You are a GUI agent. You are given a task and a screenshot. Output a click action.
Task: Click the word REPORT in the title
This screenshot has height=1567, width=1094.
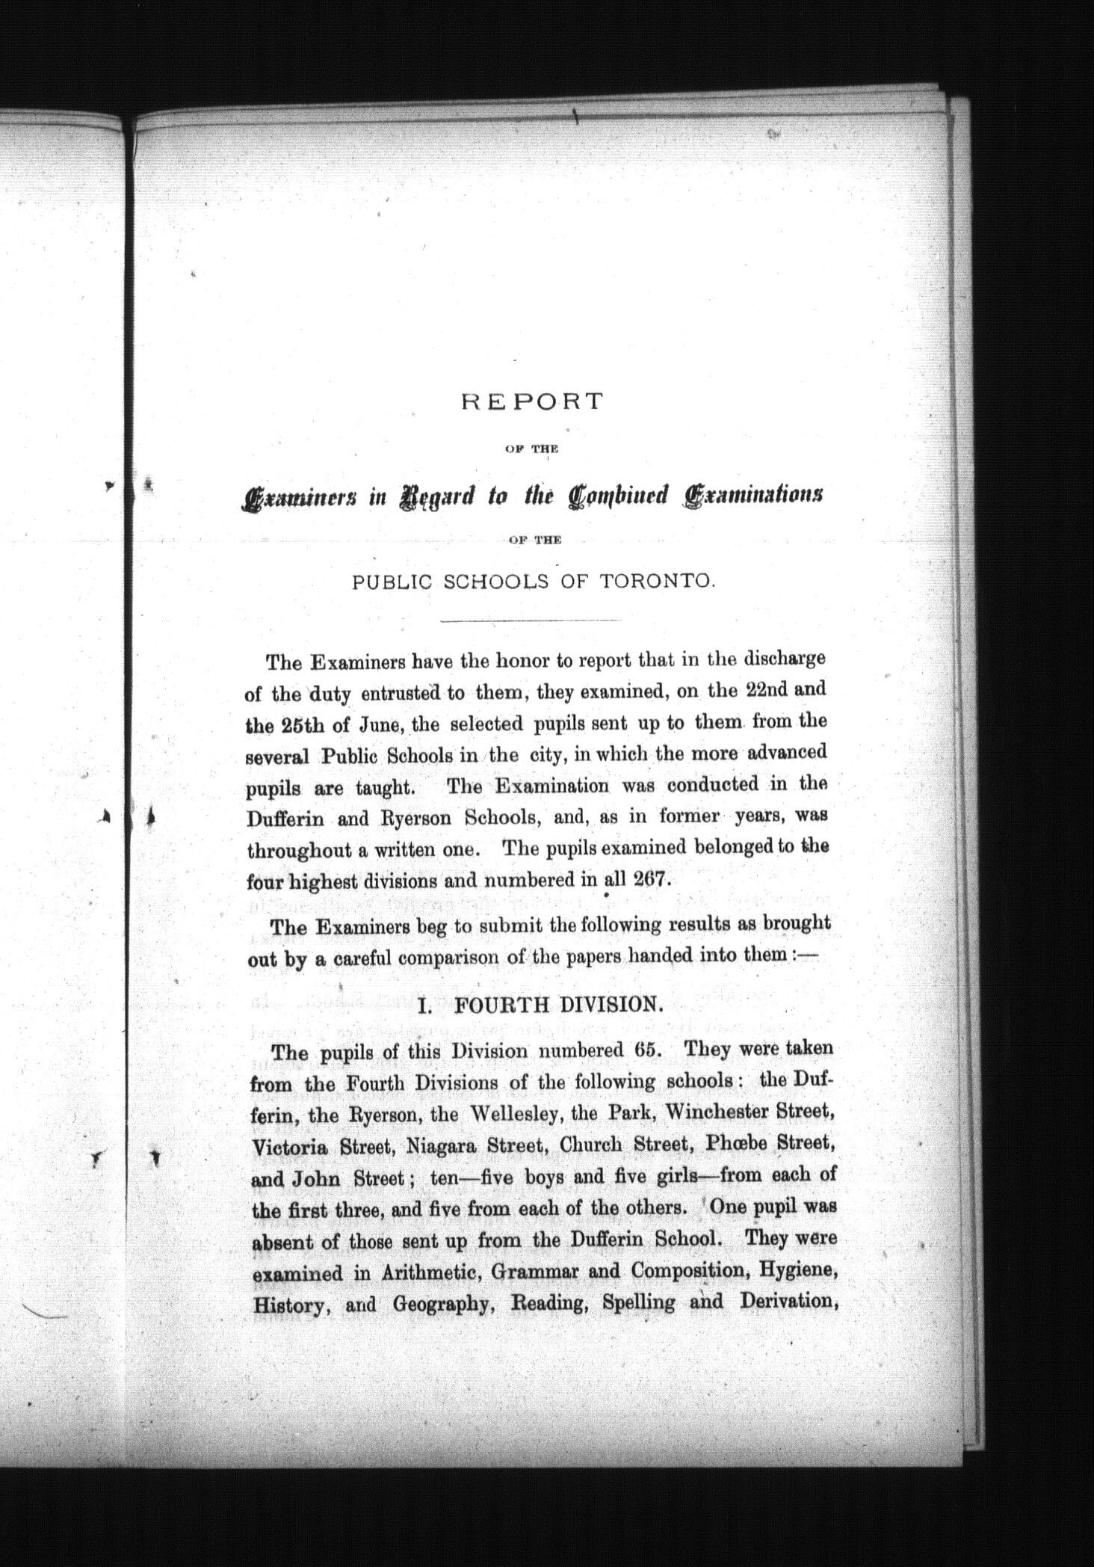point(531,401)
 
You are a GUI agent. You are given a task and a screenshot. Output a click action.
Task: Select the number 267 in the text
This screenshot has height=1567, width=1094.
point(648,879)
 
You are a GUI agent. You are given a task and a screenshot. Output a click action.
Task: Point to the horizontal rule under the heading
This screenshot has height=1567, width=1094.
point(531,621)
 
